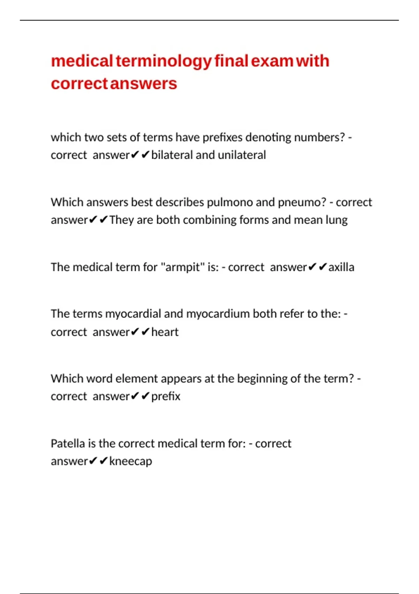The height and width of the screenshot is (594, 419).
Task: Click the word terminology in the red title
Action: coord(163,61)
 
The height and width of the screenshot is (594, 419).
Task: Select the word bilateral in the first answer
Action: coord(172,155)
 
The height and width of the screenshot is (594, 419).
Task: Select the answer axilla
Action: coord(341,267)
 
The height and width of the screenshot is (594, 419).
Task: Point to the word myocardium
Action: coord(218,314)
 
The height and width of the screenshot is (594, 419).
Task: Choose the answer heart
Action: coord(165,332)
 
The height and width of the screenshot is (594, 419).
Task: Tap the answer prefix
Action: coord(166,397)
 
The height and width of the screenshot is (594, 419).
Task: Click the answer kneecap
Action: coord(131,462)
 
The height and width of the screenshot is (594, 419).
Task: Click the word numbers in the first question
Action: coord(319,137)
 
